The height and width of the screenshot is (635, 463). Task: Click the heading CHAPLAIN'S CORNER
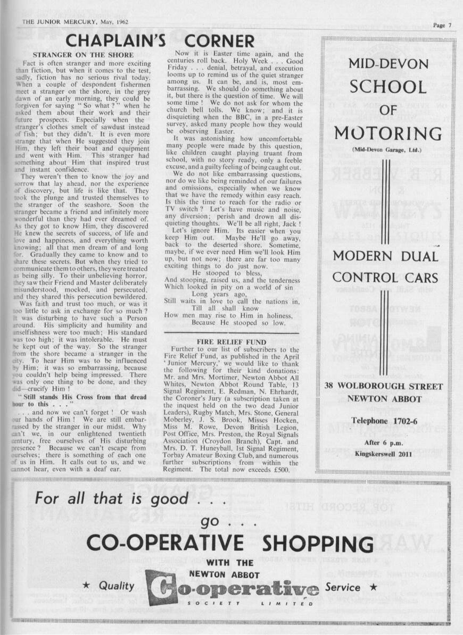coord(160,41)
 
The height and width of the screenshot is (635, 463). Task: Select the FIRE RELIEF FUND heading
coord(232,341)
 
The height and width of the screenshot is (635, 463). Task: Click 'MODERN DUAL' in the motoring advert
coord(386,256)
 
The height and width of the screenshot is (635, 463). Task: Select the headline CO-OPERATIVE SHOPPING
coord(230,544)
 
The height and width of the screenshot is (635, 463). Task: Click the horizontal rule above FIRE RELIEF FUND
coord(231,333)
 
